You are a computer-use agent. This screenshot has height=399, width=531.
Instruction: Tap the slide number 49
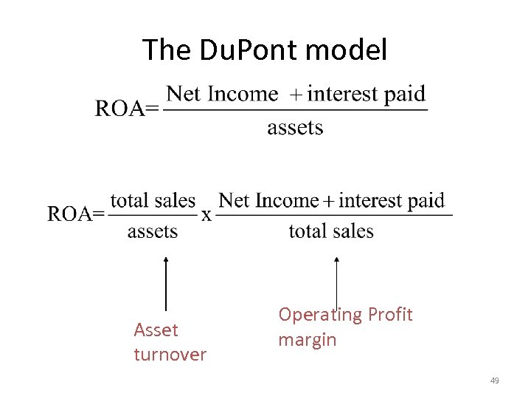494,381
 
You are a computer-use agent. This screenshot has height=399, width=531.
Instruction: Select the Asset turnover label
170,342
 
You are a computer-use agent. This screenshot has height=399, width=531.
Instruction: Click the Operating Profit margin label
344,327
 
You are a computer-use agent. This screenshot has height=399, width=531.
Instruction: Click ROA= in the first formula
126,109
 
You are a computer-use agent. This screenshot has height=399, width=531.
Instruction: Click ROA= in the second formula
75,214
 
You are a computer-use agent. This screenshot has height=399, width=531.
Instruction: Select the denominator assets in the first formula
295,128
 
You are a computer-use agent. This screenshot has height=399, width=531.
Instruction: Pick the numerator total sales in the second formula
153,201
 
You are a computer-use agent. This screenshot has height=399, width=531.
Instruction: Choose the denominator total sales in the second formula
331,231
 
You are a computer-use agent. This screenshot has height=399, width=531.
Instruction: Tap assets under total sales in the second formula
153,231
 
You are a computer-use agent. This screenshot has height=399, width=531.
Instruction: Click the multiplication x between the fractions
207,215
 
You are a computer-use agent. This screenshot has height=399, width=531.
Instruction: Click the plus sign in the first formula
294,95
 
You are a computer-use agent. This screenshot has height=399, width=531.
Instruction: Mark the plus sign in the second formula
328,201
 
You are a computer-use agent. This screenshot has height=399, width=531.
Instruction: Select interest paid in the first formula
367,95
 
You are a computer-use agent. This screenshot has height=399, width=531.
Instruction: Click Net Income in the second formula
268,200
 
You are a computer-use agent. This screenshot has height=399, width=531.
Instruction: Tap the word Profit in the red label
390,315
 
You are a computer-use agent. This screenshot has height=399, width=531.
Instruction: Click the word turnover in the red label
170,355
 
